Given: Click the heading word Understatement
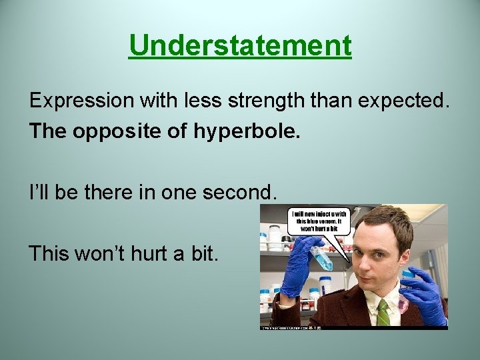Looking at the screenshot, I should tap(240, 46).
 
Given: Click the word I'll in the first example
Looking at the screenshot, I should tap(37, 193).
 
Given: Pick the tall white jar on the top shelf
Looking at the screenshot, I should tap(273, 237).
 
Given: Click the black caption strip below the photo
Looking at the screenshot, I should tap(353, 327).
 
